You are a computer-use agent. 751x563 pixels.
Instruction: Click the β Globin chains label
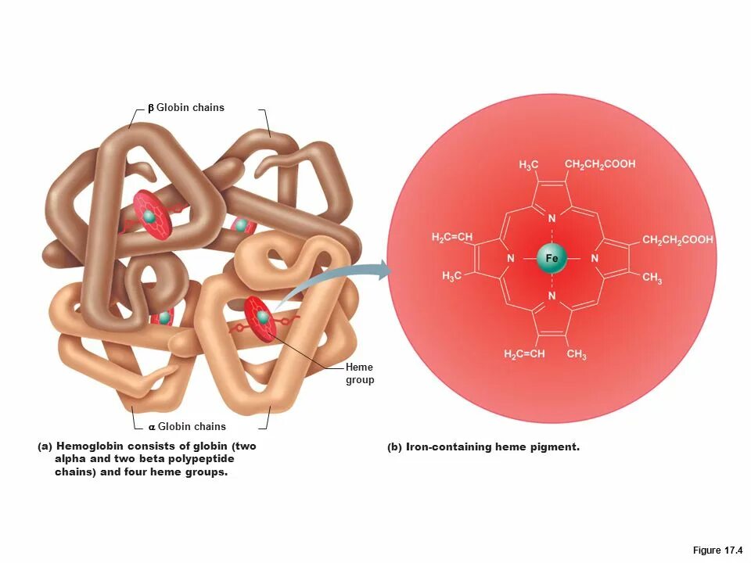186,107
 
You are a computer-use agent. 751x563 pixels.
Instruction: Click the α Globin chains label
187,426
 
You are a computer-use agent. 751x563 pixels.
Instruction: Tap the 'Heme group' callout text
360,374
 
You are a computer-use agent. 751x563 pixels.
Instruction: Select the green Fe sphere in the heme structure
552,258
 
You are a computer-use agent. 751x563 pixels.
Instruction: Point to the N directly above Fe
552,219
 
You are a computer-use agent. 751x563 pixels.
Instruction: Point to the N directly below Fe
552,296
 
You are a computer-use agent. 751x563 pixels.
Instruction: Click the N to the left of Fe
510,258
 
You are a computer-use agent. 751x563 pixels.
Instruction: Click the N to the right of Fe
594,258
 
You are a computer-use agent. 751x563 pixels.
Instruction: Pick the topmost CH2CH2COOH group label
600,164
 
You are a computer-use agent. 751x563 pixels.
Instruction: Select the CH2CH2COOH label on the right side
677,240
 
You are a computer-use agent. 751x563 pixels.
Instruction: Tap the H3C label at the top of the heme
529,166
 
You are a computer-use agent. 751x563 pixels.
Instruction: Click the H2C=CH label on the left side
452,238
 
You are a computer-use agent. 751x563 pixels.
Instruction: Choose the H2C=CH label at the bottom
524,355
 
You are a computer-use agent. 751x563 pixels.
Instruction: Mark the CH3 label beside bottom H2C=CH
577,355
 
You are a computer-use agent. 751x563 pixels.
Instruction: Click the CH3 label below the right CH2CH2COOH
652,278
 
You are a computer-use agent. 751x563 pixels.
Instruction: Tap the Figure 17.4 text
717,550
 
